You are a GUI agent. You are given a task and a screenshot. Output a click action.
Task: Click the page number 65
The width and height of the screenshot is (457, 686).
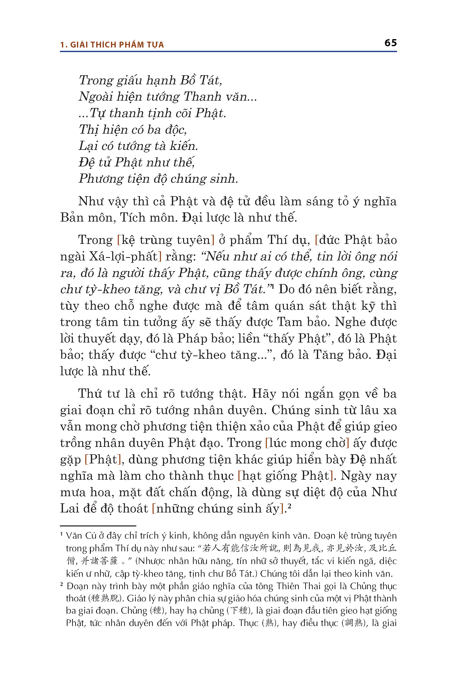pos(390,43)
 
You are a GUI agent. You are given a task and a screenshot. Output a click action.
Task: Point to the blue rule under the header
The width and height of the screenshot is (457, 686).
pos(228,52)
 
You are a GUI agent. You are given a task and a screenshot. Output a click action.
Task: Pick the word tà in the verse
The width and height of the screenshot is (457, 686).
pos(160,146)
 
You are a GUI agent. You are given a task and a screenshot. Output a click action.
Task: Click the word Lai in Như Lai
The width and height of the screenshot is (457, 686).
pos(69,509)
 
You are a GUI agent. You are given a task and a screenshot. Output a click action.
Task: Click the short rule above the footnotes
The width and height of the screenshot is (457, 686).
pos(98,526)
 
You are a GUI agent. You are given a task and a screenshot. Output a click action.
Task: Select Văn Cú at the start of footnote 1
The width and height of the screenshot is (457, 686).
pos(80,536)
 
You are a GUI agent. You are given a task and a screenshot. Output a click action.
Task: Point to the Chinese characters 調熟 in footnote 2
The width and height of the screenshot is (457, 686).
pos(354,623)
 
